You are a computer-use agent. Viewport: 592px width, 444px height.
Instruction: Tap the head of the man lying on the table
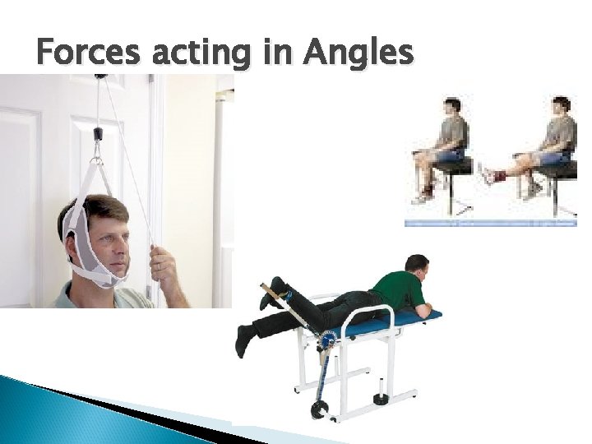point(418,265)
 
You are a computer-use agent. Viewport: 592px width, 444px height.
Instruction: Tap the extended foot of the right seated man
point(487,174)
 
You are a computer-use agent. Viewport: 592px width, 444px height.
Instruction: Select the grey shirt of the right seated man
point(561,132)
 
